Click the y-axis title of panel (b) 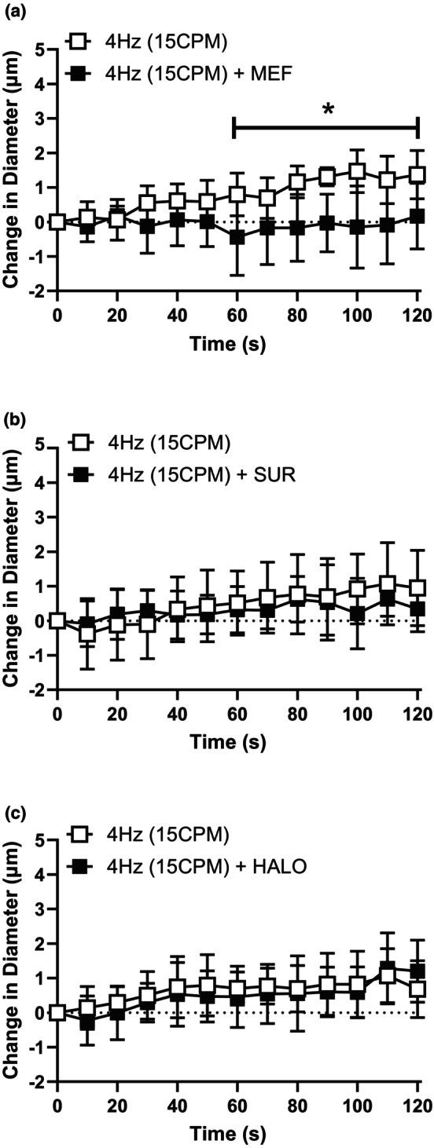coord(13,569)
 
